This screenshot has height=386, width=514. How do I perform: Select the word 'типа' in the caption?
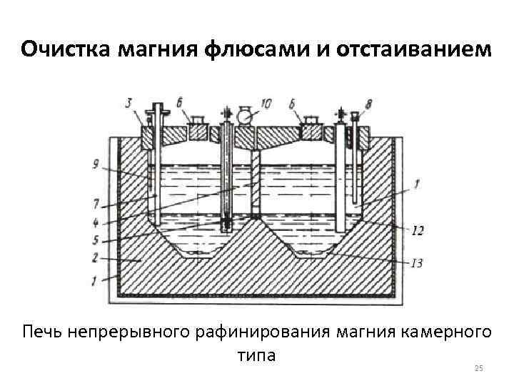pos(256,355)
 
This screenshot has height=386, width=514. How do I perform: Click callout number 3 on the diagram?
pos(129,104)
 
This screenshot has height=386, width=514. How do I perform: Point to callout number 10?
pos(266,104)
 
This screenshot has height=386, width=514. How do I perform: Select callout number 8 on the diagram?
pos(368,104)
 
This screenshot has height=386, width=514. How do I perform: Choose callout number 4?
pos(96,221)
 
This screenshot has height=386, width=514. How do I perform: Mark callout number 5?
pos(96,239)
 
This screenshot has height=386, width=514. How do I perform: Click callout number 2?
pos(96,257)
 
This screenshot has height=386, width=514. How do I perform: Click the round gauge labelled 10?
pos(246,114)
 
